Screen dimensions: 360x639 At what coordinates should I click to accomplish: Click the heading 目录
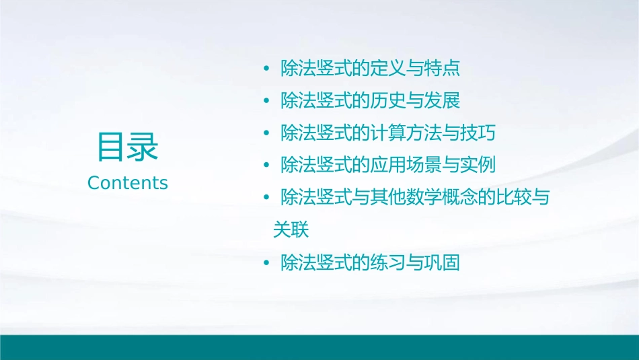[x=128, y=146]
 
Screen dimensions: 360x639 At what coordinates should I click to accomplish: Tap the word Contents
[x=128, y=183]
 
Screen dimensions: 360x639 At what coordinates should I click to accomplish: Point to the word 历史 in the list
[x=388, y=101]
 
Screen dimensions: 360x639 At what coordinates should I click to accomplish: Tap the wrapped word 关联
[x=291, y=229]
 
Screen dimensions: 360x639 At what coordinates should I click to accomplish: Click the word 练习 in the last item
[x=388, y=262]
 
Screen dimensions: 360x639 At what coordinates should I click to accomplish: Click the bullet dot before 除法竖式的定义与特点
[x=267, y=69]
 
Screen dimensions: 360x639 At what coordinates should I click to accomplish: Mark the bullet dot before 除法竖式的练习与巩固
[x=267, y=263]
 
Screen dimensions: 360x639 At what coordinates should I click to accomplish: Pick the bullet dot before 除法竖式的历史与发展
[x=267, y=102]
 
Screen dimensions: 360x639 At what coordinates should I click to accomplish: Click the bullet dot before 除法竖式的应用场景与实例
[x=267, y=166]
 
